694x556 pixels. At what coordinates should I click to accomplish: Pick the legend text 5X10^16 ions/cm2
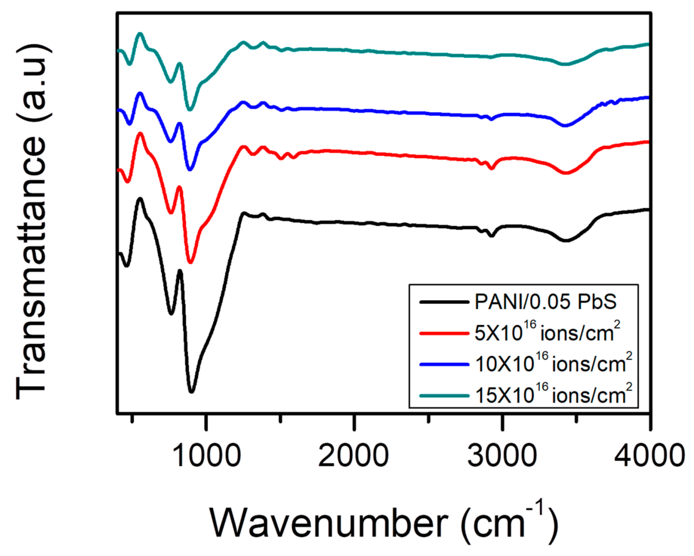click(x=547, y=332)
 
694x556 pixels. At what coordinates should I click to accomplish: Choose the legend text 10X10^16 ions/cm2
click(x=553, y=364)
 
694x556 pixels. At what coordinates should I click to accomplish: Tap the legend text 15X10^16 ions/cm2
click(x=553, y=395)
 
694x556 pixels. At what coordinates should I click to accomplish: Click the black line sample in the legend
click(x=444, y=302)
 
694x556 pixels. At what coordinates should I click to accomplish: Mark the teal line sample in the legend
click(x=444, y=395)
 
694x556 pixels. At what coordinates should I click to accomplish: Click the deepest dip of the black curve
click(x=192, y=392)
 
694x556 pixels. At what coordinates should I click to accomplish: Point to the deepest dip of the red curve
click(x=191, y=263)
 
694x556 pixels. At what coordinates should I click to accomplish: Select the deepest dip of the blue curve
click(x=190, y=169)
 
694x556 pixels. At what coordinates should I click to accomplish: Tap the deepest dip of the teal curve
click(x=190, y=110)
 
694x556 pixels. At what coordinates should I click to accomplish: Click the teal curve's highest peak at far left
click(x=140, y=34)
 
